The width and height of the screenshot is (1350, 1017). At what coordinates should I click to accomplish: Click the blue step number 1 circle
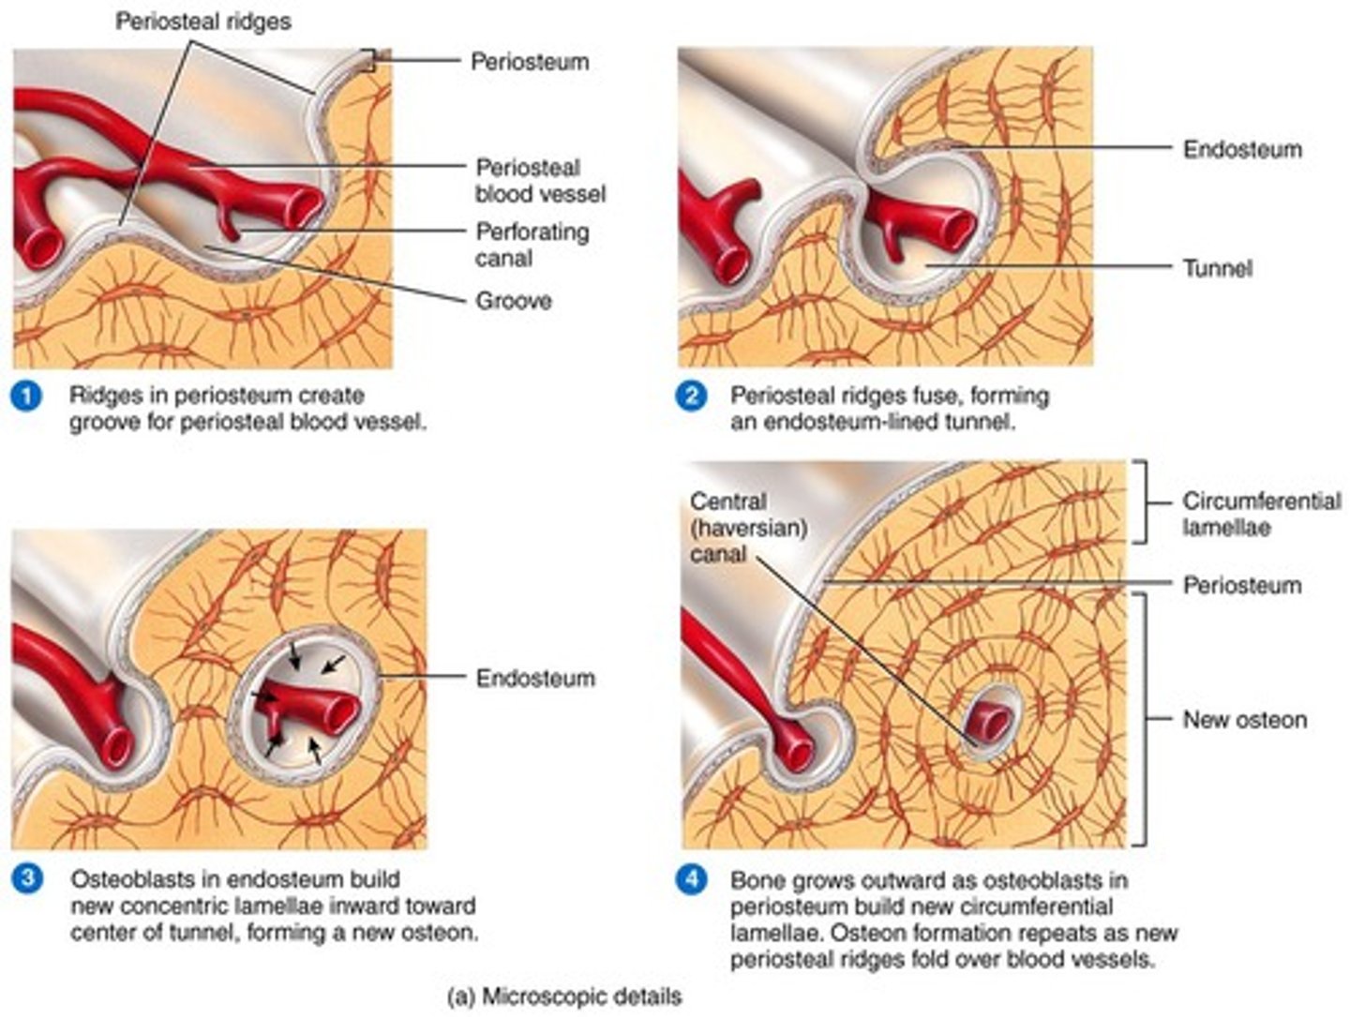click(26, 396)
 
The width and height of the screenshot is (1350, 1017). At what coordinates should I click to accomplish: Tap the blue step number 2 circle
click(691, 396)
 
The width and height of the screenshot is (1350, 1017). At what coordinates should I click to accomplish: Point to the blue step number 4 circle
click(691, 880)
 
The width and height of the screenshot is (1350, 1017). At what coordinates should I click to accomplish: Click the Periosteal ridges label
click(202, 21)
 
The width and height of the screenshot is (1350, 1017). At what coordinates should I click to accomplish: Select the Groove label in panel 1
click(513, 301)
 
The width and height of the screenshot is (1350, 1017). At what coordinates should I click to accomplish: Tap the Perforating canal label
click(532, 245)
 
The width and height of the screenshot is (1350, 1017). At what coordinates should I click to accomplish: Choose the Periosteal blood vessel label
click(540, 181)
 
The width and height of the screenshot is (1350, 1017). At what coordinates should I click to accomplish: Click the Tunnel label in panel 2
click(1217, 268)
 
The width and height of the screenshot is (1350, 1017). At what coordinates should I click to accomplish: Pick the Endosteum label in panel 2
click(1241, 149)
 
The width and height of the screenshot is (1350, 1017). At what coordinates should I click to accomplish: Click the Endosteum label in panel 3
click(534, 678)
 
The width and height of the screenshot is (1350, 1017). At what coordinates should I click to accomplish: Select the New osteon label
click(1244, 720)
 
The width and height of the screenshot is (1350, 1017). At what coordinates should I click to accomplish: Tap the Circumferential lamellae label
click(1261, 514)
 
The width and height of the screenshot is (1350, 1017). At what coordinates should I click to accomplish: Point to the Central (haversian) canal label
click(747, 528)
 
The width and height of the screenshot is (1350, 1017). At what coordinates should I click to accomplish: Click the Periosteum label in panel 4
click(1241, 586)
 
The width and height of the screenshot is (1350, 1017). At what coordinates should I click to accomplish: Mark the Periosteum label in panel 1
click(529, 62)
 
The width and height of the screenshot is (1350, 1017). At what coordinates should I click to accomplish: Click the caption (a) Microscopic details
click(564, 995)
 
